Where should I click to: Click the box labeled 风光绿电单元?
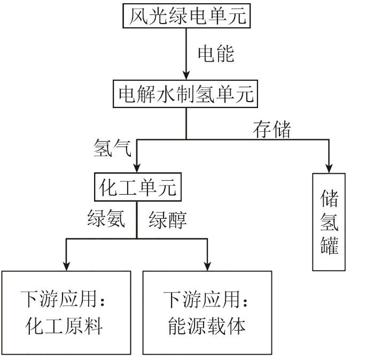186,16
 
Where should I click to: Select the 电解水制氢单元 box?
186,95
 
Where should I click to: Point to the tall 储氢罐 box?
328,221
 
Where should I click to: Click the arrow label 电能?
216,54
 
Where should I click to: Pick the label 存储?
272,128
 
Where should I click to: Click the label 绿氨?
106,219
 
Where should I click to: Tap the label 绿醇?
168,219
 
